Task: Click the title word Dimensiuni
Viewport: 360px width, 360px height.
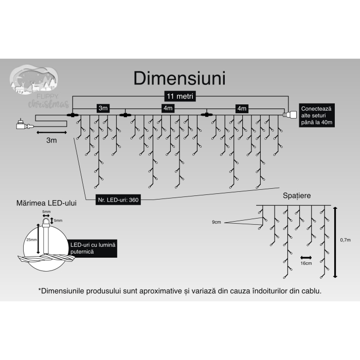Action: click(x=179, y=78)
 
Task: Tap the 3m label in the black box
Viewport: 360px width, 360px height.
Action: click(x=103, y=108)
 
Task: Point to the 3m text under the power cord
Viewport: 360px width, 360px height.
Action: click(x=51, y=140)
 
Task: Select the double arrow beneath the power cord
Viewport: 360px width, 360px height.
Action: click(x=51, y=132)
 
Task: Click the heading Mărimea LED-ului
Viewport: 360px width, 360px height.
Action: click(x=47, y=204)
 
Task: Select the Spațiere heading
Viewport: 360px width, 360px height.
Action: click(x=296, y=196)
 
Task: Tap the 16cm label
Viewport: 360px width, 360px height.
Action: click(x=305, y=263)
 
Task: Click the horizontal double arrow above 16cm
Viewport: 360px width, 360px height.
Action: click(x=305, y=257)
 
